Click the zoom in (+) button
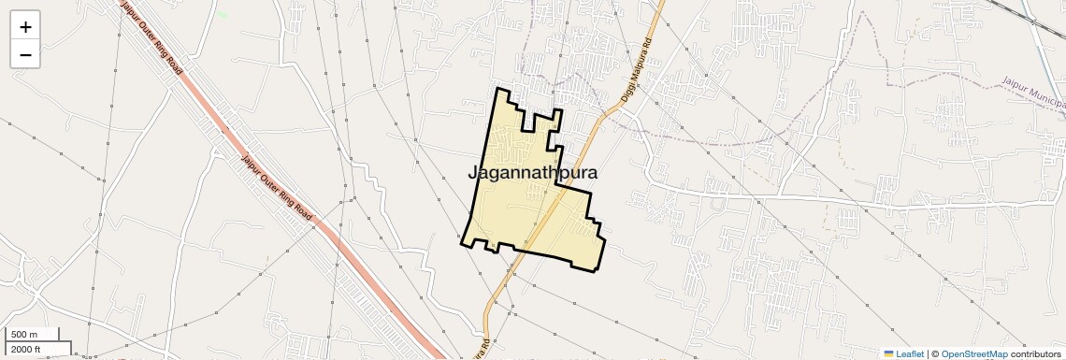[x=25, y=27]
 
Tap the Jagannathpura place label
[x=531, y=173]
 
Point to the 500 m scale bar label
[x=25, y=335]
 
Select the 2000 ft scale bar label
[x=27, y=350]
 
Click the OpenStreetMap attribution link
[x=973, y=353]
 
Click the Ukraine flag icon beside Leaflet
[x=889, y=353]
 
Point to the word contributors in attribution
[x=1035, y=353]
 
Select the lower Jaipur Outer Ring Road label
[x=276, y=186]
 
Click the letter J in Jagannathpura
[x=472, y=174]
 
